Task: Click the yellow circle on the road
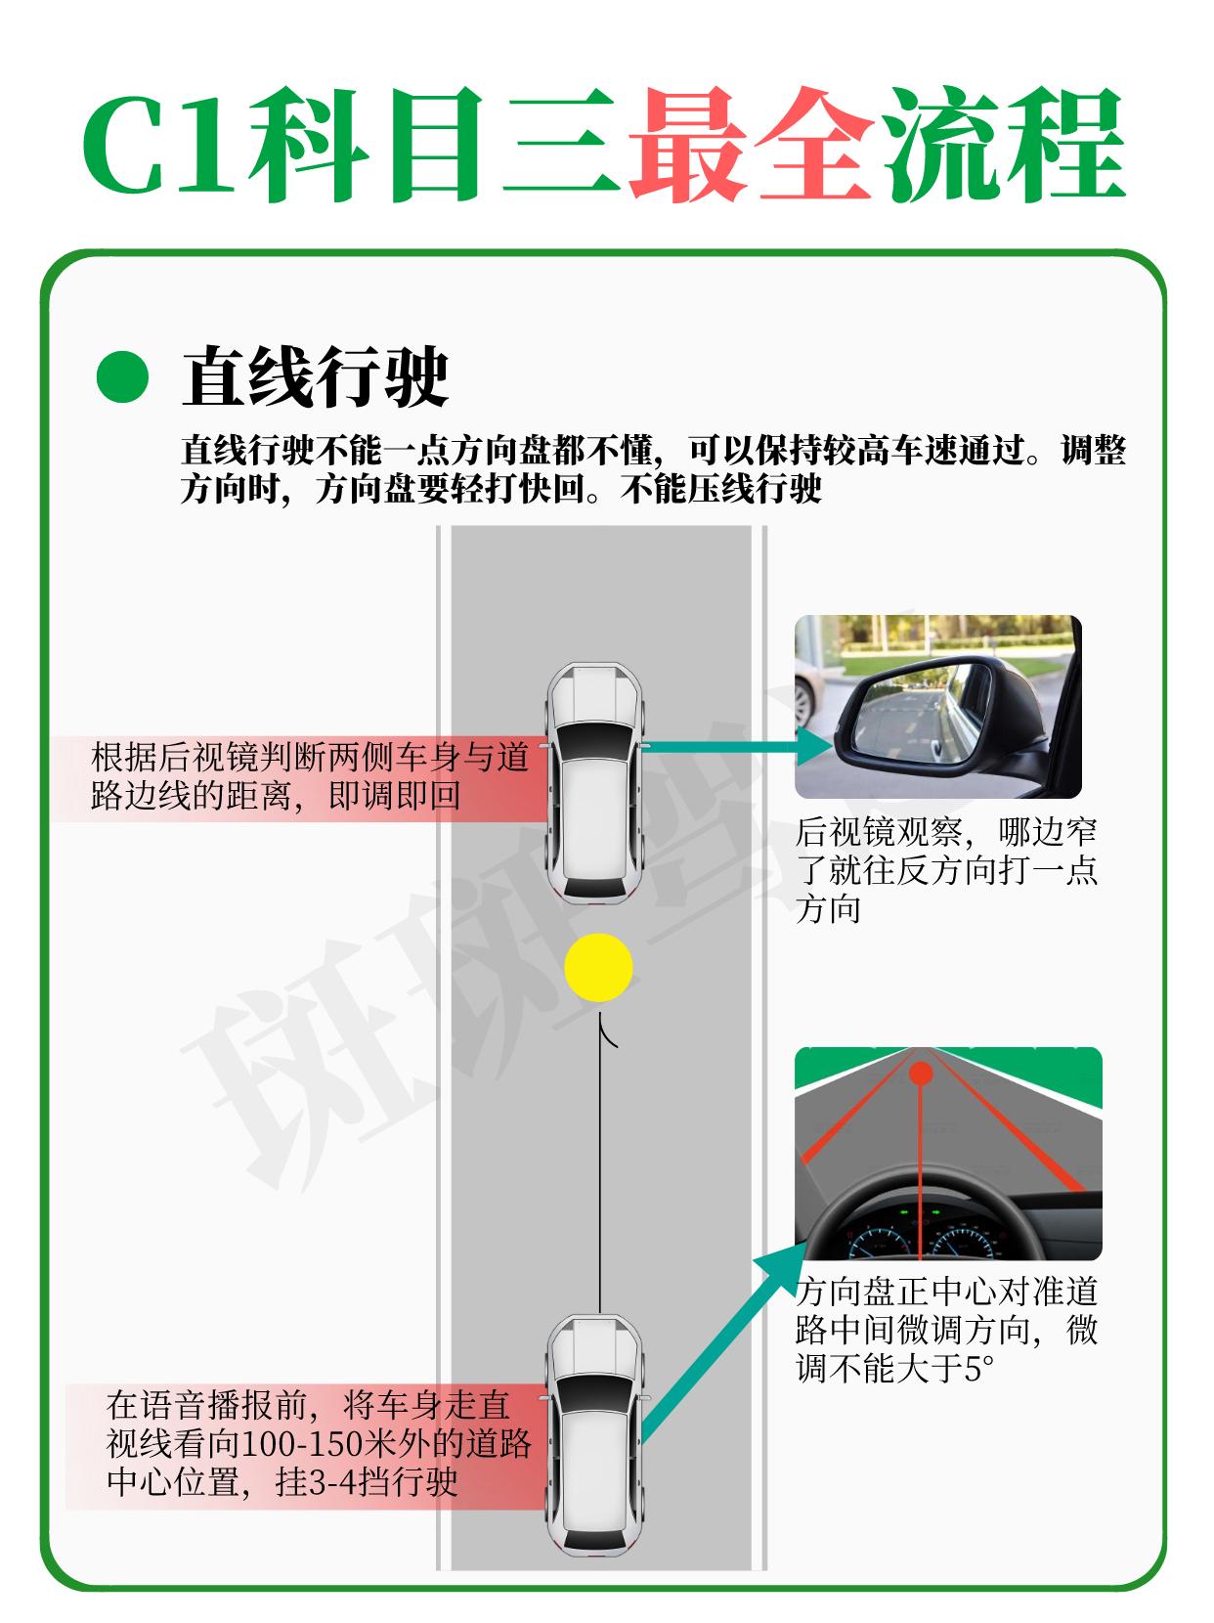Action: (598, 967)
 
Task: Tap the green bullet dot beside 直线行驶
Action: (122, 376)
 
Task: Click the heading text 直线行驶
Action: (316, 376)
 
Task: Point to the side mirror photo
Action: (937, 706)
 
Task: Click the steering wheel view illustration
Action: (948, 1155)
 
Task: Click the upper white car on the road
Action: (595, 782)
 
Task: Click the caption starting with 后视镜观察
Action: (946, 871)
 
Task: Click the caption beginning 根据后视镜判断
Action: (310, 777)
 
